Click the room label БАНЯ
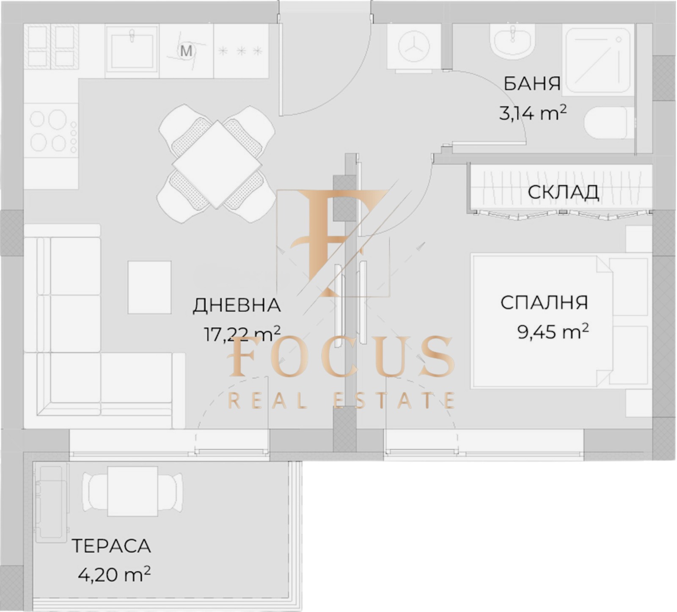coord(532,83)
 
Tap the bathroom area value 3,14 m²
coord(532,113)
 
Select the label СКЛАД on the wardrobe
coord(563,192)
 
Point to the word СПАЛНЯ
coord(544,303)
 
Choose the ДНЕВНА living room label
coord(237,305)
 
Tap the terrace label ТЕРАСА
coord(111,546)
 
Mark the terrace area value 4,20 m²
coord(114,574)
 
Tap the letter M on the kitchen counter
coord(186,51)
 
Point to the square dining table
coord(217,165)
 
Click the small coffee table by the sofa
coord(150,287)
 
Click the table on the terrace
coord(133,491)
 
